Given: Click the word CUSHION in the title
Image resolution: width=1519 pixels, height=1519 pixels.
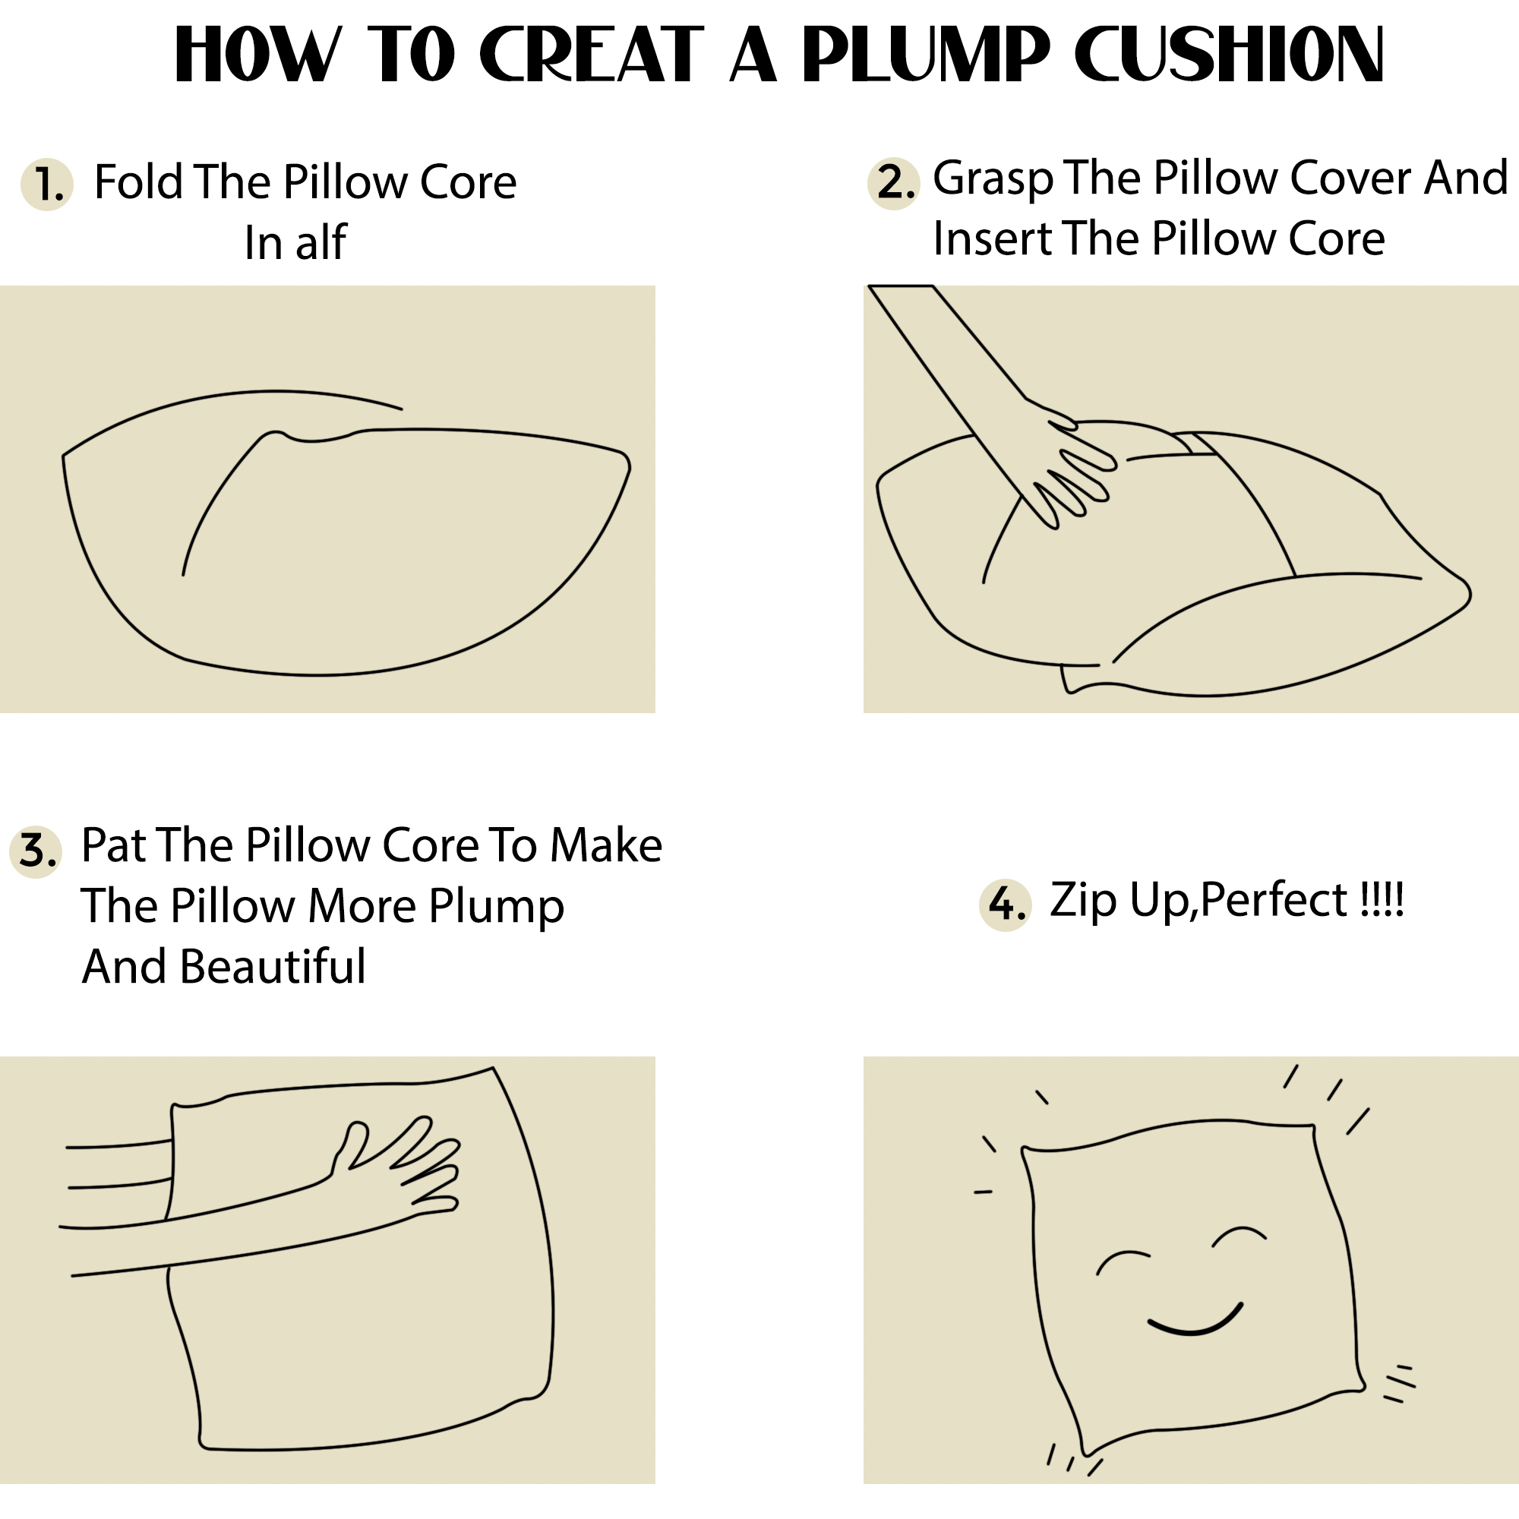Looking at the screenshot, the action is (1229, 53).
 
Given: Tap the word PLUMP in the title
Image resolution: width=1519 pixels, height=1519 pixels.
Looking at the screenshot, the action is (926, 53).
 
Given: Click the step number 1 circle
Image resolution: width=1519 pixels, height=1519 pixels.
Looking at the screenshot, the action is (47, 184).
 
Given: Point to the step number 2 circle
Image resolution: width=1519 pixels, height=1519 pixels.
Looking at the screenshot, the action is (894, 182).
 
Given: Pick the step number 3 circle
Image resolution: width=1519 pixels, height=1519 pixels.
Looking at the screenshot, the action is (36, 851).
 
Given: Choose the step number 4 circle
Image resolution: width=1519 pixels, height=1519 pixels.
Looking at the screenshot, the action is (1006, 905).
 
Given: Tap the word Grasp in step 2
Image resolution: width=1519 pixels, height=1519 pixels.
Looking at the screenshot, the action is (992, 179).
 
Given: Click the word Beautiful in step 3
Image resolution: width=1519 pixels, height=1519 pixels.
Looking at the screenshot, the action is (273, 966).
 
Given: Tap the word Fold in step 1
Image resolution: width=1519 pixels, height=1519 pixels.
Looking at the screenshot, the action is (138, 182).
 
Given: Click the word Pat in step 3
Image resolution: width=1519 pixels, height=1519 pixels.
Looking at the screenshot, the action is (115, 846).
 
